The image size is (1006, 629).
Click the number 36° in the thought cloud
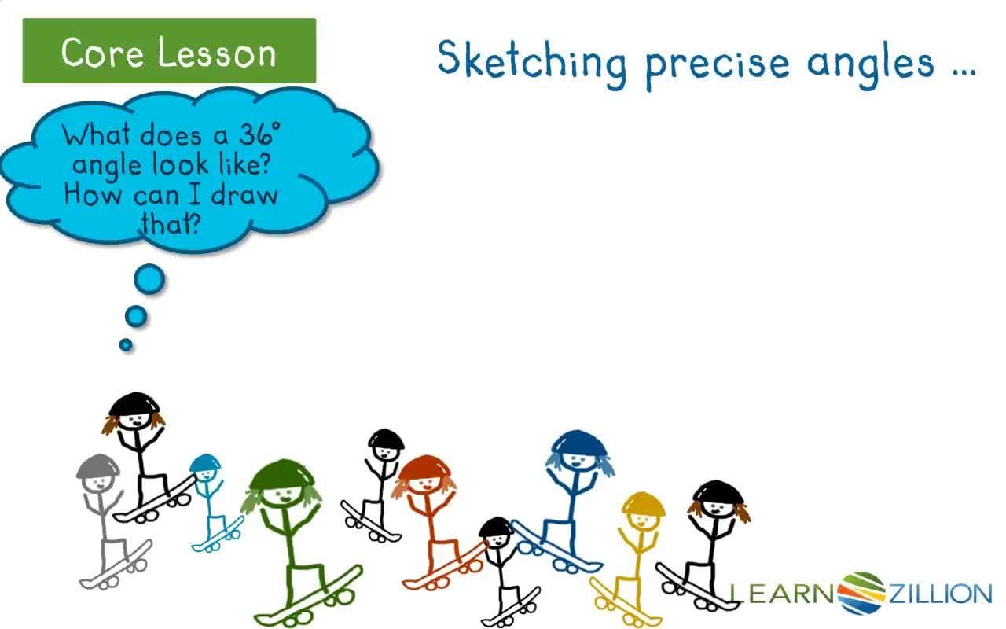(260, 135)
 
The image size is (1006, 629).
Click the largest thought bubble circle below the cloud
(149, 278)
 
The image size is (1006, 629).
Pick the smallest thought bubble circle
(126, 344)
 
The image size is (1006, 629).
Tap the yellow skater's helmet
(644, 503)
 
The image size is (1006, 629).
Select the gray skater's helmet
(96, 465)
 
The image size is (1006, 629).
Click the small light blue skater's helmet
(205, 462)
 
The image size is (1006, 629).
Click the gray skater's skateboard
(116, 564)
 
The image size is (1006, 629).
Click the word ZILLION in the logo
(940, 594)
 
